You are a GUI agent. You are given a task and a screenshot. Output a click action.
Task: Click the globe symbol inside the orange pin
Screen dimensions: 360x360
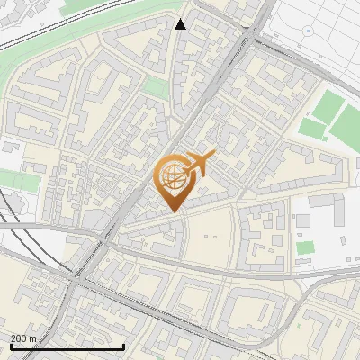(x=171, y=175)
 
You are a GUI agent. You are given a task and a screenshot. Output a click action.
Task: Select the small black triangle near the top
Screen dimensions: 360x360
(x=181, y=24)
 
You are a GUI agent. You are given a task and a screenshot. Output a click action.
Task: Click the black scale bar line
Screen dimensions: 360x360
(x=67, y=347)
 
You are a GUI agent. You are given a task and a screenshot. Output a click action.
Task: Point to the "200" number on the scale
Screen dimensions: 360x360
(x=18, y=338)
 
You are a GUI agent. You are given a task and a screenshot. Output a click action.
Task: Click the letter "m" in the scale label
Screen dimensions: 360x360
(x=32, y=338)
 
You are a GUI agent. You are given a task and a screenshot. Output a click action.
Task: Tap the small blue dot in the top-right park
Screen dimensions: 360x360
(x=308, y=31)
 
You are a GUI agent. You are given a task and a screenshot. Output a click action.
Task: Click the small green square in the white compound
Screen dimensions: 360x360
(x=306, y=247)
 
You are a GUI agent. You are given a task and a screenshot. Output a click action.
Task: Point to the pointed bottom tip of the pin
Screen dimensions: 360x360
(x=171, y=211)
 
